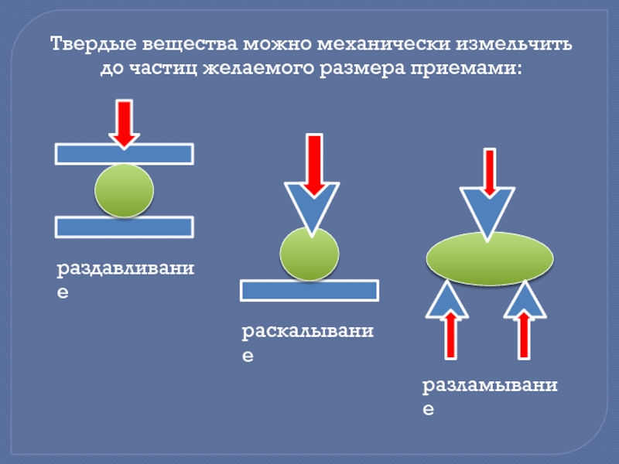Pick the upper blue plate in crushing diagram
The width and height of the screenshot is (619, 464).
pyautogui.click(x=124, y=154)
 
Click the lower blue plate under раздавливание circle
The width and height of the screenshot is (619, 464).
pyautogui.click(x=124, y=227)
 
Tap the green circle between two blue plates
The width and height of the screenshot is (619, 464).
pyautogui.click(x=124, y=190)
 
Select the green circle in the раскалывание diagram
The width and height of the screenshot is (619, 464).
pyautogui.click(x=309, y=254)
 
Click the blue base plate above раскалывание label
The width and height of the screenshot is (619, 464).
pyautogui.click(x=309, y=290)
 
